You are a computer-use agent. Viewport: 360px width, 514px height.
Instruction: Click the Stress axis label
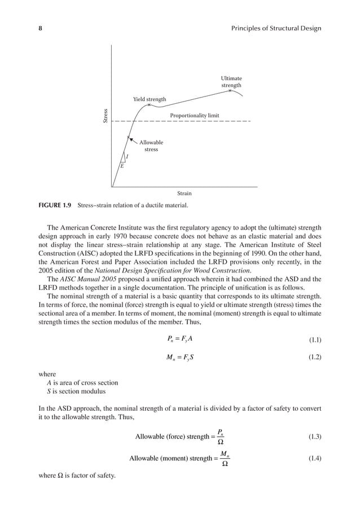click(105, 116)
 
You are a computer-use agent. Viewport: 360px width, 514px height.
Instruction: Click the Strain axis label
click(184, 194)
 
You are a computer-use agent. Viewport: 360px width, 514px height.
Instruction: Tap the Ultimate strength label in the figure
click(231, 82)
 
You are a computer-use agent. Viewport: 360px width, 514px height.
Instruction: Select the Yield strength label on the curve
click(150, 100)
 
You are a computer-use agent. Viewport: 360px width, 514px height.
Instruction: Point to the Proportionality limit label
click(194, 116)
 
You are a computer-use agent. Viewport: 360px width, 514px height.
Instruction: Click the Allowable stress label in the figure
click(151, 146)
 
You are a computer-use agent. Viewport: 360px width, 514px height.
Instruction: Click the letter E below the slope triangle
click(121, 166)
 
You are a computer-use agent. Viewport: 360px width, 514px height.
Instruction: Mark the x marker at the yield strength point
click(149, 105)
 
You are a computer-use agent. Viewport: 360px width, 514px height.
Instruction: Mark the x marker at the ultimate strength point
click(230, 90)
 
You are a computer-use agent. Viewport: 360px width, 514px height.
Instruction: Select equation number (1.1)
click(314, 339)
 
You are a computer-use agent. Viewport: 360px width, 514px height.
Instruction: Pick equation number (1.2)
click(314, 358)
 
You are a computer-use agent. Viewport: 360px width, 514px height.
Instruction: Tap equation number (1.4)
click(314, 459)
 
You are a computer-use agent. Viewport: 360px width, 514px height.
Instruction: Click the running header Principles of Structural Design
click(272, 28)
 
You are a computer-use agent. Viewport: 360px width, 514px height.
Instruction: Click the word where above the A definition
click(48, 374)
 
